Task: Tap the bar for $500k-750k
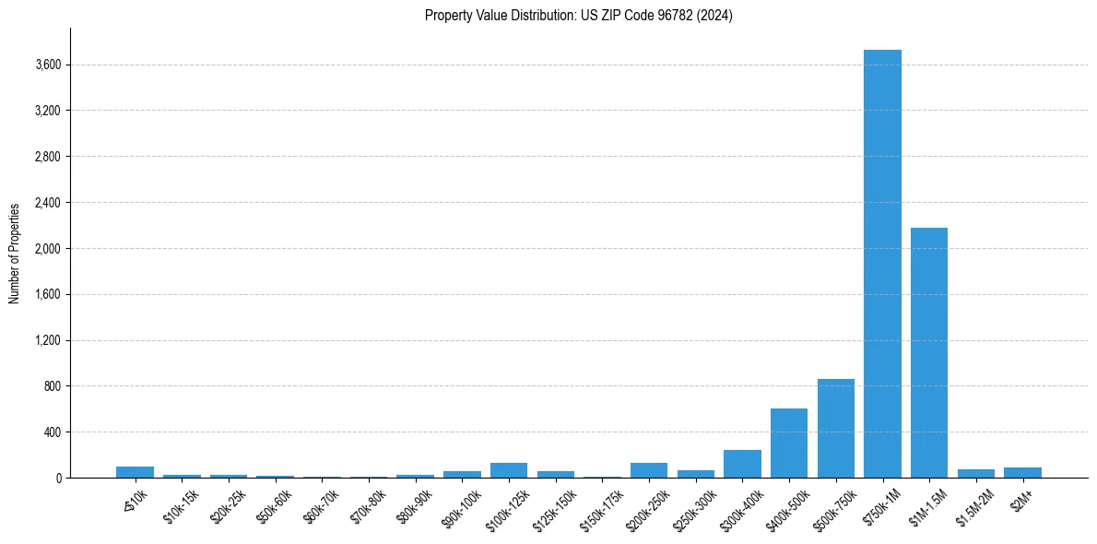click(x=835, y=429)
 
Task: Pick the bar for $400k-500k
click(x=789, y=443)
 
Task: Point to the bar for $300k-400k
click(x=742, y=464)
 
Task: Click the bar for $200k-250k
click(x=649, y=470)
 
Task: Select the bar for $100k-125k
click(x=509, y=470)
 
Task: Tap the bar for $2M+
click(x=1022, y=473)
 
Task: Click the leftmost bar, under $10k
click(x=135, y=472)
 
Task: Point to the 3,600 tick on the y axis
click(x=46, y=65)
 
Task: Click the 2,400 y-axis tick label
click(x=46, y=203)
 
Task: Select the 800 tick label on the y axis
click(x=52, y=386)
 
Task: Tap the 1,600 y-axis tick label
click(x=46, y=294)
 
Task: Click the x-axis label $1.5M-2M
click(x=973, y=504)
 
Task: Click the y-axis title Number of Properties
click(x=14, y=254)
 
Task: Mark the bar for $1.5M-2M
click(x=976, y=473)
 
